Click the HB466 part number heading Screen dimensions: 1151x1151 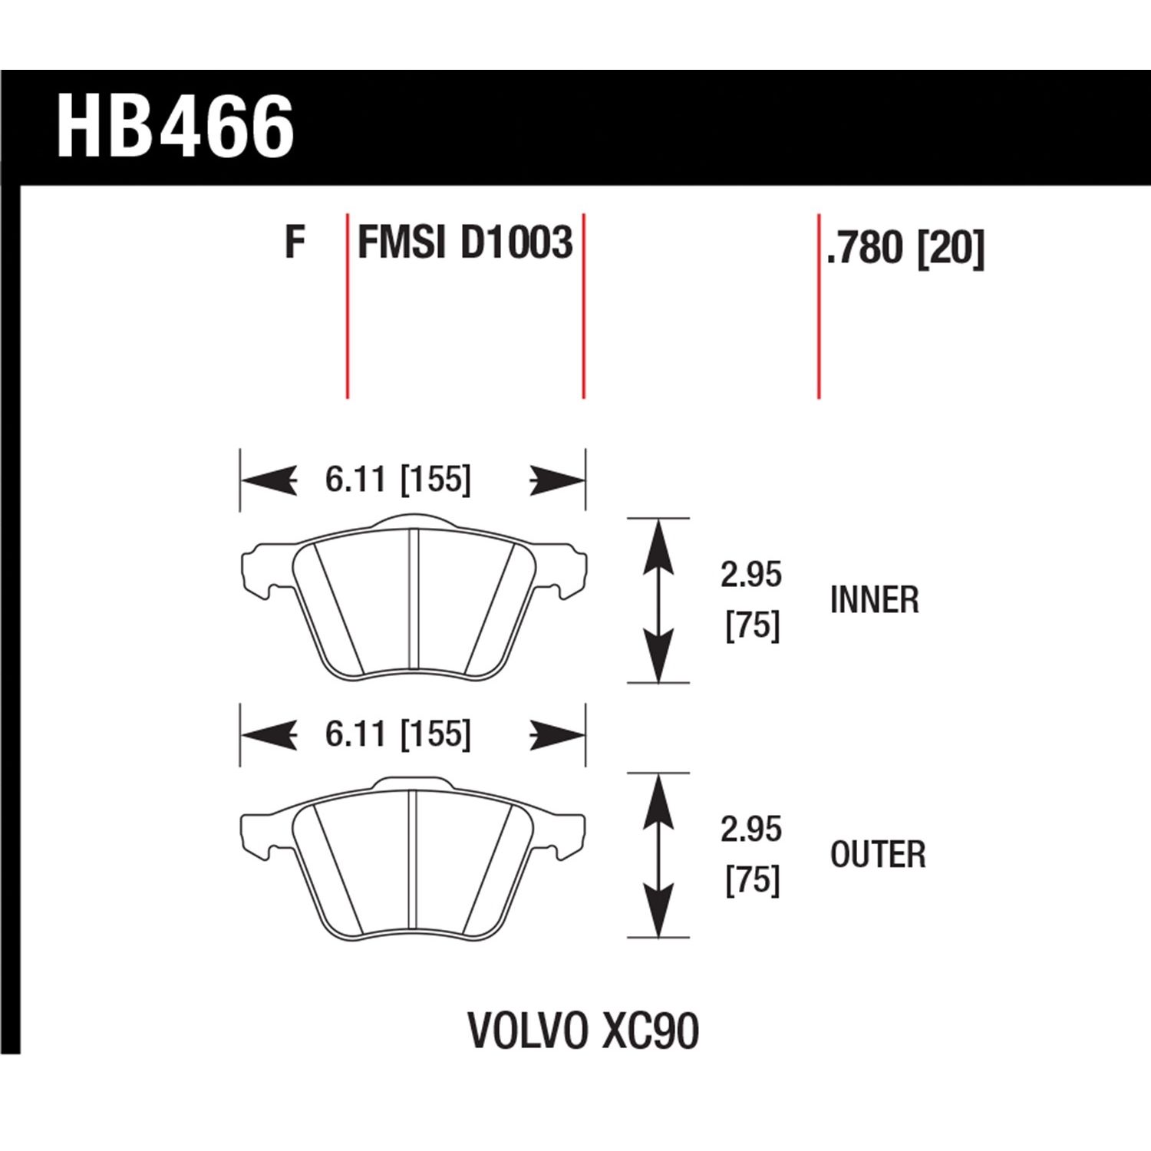click(176, 127)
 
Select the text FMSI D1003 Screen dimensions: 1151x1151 click(465, 243)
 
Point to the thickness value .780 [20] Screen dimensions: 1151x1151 click(905, 248)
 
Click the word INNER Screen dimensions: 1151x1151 click(874, 599)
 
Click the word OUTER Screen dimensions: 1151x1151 click(878, 855)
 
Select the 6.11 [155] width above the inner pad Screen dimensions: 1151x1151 click(397, 480)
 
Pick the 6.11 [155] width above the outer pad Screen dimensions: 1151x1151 click(397, 734)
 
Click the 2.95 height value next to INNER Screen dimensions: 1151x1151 click(750, 575)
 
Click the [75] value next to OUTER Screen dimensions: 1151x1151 click(752, 880)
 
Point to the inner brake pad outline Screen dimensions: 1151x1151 click(414, 599)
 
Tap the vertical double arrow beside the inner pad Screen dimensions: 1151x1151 click(659, 600)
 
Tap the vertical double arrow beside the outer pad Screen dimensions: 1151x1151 click(659, 856)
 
